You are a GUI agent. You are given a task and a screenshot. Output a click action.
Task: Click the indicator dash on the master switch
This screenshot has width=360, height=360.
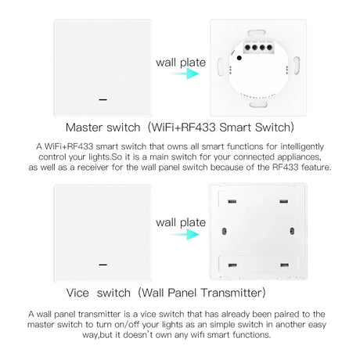click(103, 99)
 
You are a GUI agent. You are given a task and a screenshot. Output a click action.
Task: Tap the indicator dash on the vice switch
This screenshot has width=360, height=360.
click(103, 265)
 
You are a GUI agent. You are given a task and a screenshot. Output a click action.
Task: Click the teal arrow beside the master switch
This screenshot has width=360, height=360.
click(184, 74)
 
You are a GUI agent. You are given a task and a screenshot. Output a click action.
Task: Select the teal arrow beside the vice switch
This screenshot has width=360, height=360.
click(184, 234)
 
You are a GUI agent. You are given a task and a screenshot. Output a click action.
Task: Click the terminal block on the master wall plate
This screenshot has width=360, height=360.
click(258, 47)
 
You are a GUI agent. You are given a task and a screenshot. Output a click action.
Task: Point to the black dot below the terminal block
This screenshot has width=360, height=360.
click(239, 58)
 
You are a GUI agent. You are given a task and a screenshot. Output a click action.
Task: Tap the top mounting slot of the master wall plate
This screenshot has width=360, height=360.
click(257, 33)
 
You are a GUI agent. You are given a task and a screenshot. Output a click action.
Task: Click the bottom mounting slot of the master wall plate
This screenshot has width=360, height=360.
click(258, 105)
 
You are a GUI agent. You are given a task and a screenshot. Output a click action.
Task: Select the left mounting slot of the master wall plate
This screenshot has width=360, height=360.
click(221, 67)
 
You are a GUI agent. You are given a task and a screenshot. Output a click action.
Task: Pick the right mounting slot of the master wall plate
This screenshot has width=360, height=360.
click(297, 66)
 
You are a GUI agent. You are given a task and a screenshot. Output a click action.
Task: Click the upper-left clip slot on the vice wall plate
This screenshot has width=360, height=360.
click(232, 201)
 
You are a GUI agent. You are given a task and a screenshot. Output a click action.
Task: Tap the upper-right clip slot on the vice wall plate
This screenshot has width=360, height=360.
click(284, 201)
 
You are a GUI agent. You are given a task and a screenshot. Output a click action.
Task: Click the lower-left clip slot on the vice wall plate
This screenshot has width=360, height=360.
click(232, 265)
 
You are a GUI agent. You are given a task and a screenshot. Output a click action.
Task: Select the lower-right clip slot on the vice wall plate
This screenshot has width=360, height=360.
click(284, 265)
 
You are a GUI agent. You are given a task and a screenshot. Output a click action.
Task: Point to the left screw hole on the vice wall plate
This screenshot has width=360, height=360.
click(224, 231)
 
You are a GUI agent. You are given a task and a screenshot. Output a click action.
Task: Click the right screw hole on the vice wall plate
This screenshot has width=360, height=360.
click(292, 231)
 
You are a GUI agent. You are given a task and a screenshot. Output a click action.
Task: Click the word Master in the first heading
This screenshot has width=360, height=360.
click(84, 128)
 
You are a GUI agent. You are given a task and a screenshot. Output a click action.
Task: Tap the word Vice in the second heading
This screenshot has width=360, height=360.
click(77, 293)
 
